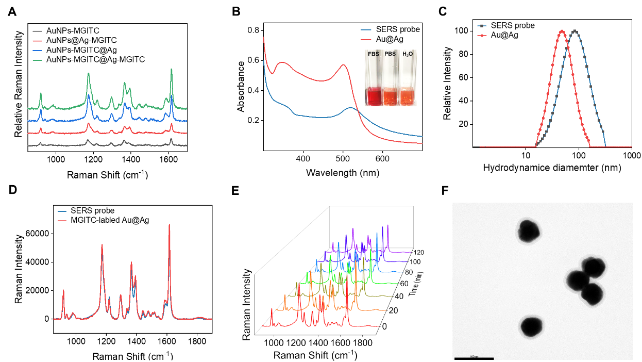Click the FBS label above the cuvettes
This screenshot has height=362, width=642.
(373, 54)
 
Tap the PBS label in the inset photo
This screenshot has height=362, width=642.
(390, 54)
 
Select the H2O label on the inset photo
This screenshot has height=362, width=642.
(408, 54)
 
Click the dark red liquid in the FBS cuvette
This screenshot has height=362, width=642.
(373, 96)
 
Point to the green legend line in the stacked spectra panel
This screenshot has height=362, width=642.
(37, 60)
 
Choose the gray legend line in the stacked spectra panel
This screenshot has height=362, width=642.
(37, 31)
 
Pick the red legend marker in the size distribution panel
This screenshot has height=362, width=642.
(482, 36)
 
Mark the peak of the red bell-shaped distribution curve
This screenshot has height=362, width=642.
(561, 30)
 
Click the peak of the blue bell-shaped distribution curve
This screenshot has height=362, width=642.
(575, 30)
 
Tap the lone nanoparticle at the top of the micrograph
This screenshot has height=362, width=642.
(529, 232)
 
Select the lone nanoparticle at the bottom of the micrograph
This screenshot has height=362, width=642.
(530, 326)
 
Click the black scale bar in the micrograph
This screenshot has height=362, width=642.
(474, 358)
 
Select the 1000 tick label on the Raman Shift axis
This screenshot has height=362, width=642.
(274, 343)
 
